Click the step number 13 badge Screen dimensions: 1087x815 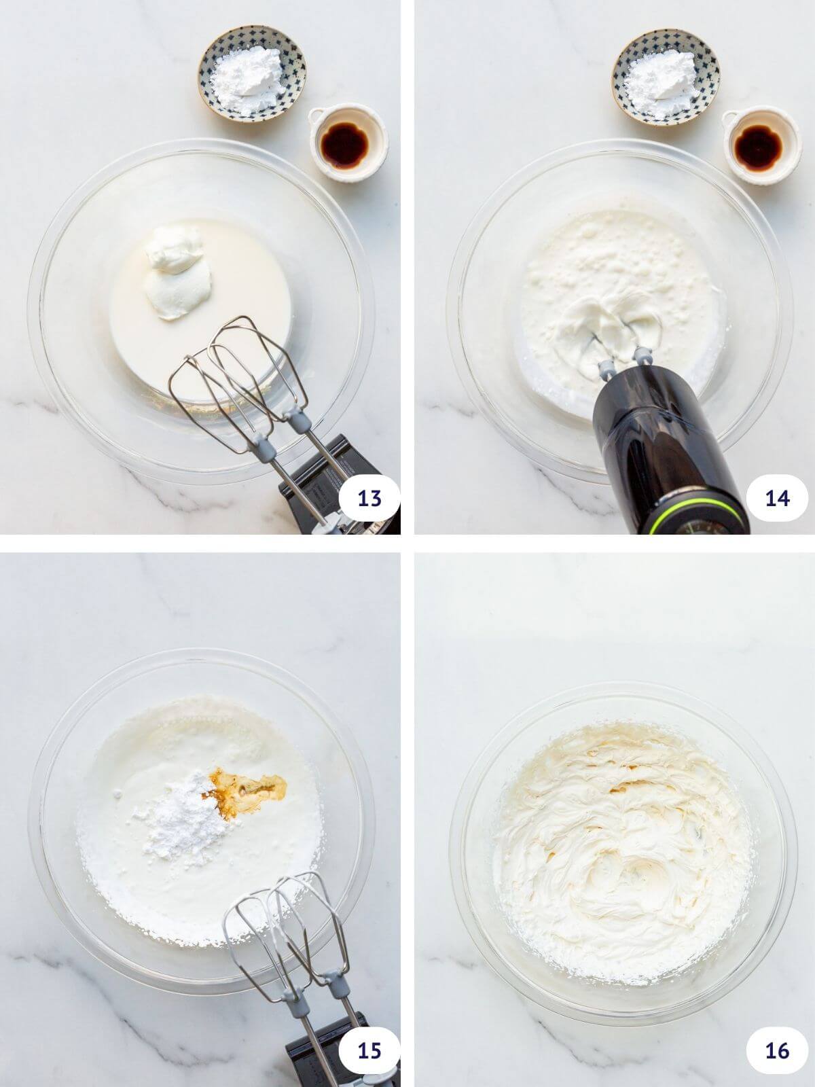pyautogui.click(x=369, y=499)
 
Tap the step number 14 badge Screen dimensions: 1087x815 pyautogui.click(x=777, y=499)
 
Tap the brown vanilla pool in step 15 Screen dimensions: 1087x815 pyautogui.click(x=248, y=802)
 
